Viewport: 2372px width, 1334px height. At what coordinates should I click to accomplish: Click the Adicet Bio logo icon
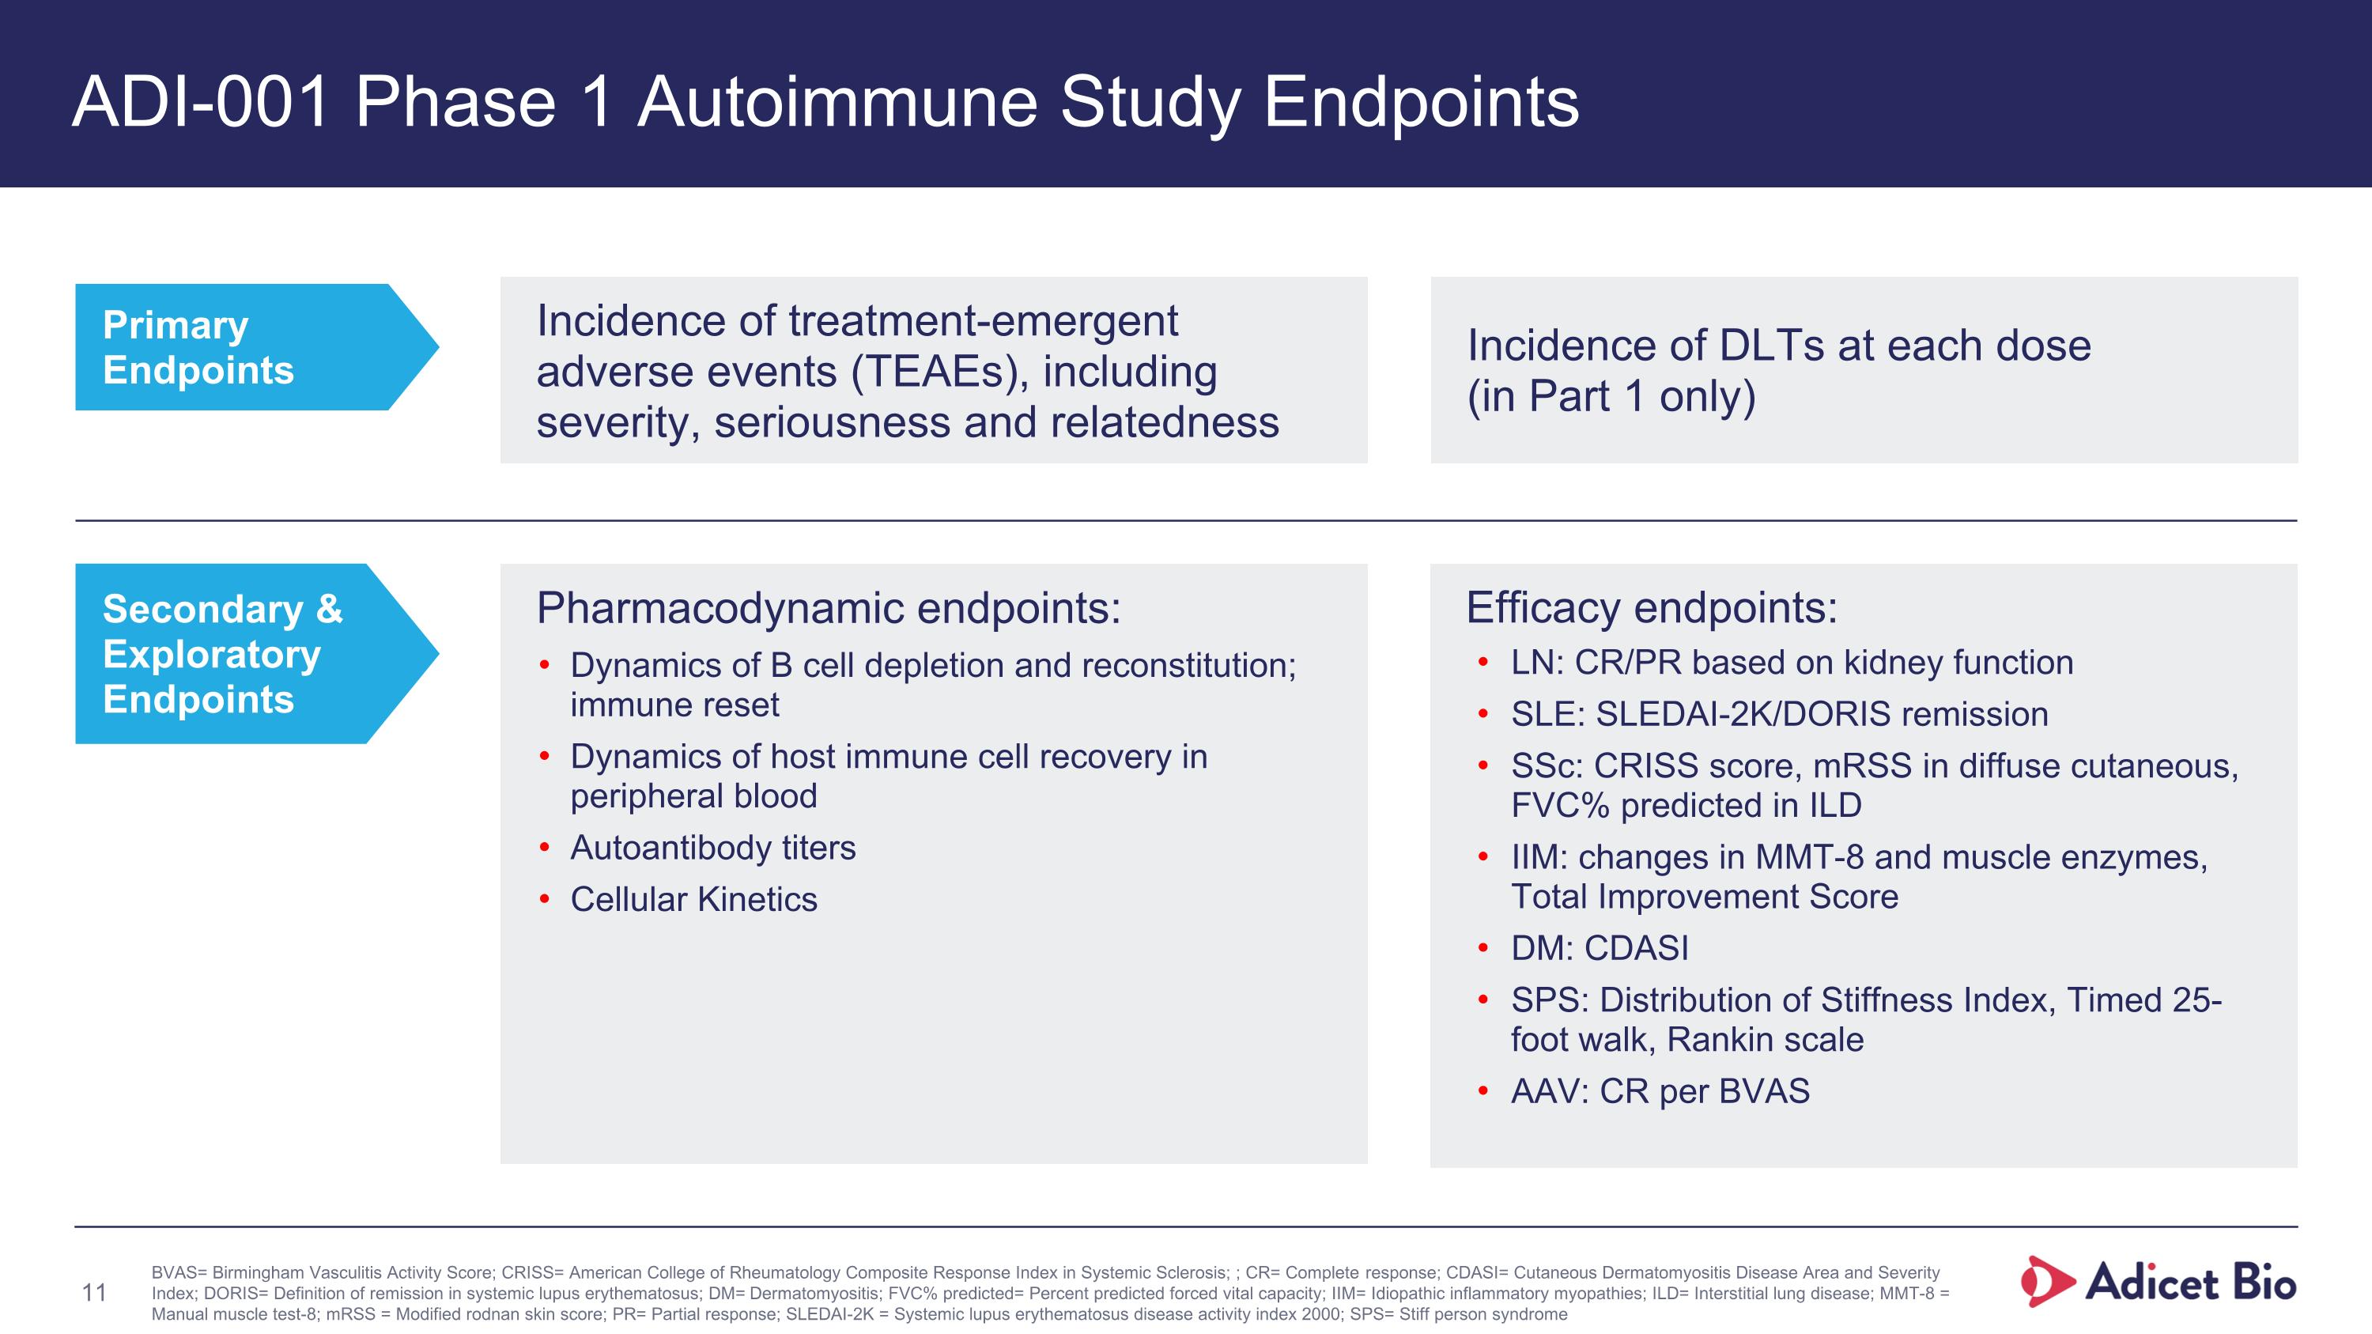coord(2046,1282)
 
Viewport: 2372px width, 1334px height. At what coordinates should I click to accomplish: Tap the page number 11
coord(94,1293)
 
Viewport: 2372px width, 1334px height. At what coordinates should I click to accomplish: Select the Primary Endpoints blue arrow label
coord(240,347)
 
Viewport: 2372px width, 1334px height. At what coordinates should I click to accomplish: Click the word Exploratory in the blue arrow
coord(212,655)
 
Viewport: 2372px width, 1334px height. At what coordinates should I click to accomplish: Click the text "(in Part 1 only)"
coord(1611,396)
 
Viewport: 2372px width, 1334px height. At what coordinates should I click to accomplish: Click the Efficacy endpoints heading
coord(1651,607)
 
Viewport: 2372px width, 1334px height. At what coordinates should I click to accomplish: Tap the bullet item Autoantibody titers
coord(712,848)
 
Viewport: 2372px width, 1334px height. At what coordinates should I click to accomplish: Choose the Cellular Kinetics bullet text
coord(693,899)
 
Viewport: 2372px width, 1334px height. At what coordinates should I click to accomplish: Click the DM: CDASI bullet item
coord(1600,948)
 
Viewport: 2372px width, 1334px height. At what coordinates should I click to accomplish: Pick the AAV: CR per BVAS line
coord(1660,1091)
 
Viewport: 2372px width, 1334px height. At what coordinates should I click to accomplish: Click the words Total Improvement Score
coord(1705,897)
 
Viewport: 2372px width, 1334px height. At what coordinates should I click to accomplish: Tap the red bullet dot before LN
coord(1482,663)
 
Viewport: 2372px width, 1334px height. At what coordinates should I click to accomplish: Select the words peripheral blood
coord(693,796)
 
